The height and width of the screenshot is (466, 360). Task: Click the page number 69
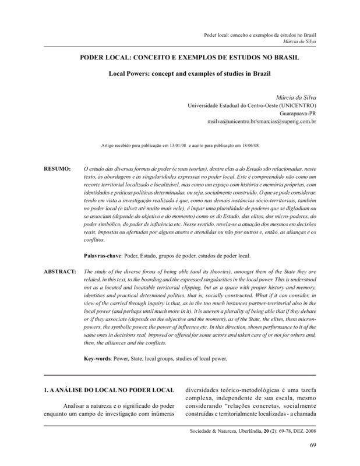point(312,447)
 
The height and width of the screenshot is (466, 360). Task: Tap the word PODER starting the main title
point(96,59)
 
